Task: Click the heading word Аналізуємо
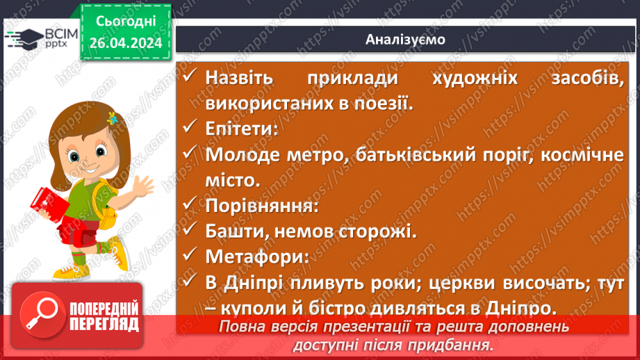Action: coord(405,40)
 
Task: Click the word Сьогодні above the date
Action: coord(125,22)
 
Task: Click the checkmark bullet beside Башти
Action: coord(190,231)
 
